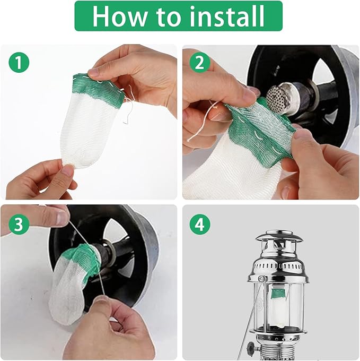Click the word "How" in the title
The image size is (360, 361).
[x=119, y=16]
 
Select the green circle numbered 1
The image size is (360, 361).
[x=19, y=63]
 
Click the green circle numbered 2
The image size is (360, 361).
[x=200, y=63]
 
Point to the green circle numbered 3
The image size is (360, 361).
[x=19, y=225]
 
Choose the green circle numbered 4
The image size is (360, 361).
[x=200, y=225]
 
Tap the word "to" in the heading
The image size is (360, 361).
[x=166, y=17]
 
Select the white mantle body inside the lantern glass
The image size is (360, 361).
[x=279, y=314]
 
